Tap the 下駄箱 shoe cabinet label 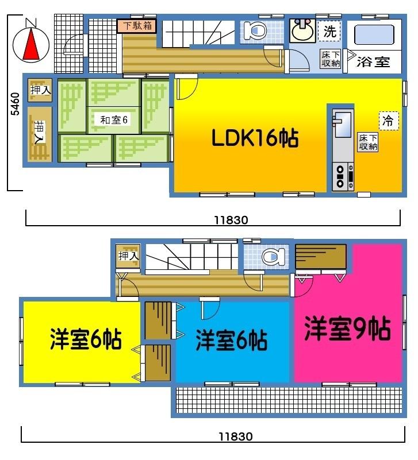pos(136,26)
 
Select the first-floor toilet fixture pos(252,30)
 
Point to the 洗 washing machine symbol pos(329,32)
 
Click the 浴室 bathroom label pos(374,62)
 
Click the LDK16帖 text pos(255,138)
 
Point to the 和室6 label pos(113,119)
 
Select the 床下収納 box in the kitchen pos(368,142)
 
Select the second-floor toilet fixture pos(270,256)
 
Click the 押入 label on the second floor pos(128,256)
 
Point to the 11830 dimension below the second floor pos(236,436)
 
